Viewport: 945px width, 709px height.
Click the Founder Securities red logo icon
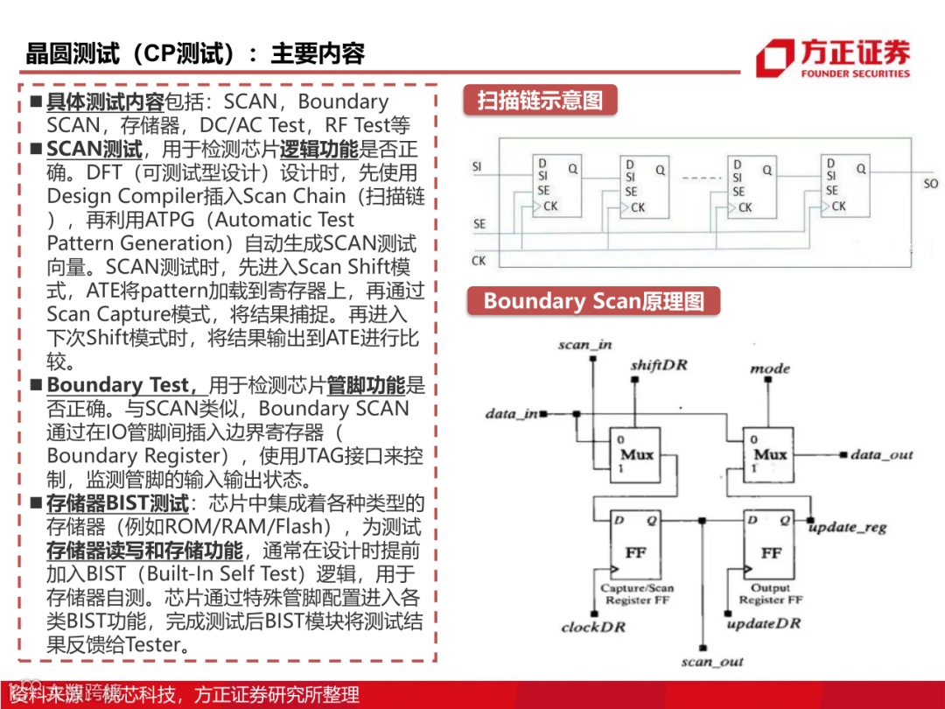coord(775,58)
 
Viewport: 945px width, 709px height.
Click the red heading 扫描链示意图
coord(540,101)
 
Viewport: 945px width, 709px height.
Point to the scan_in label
coord(584,345)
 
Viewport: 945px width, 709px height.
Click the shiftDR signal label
coord(659,364)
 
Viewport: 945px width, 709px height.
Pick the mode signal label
coord(769,369)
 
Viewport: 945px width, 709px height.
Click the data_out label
coord(881,455)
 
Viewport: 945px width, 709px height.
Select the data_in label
coord(512,413)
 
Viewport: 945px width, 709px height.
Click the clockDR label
coord(592,627)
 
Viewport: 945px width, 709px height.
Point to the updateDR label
coord(764,623)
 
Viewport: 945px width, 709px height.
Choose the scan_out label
coord(712,662)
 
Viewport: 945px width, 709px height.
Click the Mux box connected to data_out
coord(770,454)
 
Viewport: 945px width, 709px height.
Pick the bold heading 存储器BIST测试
coord(117,503)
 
